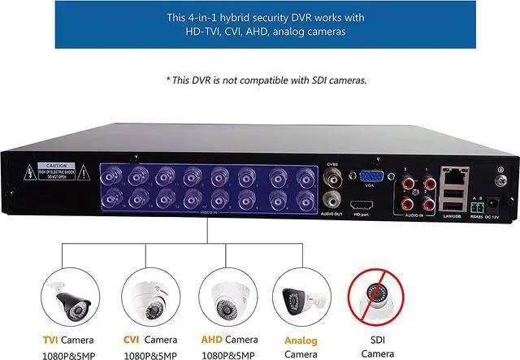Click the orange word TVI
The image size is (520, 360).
pos(50,340)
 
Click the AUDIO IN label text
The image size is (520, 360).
pos(415,213)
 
